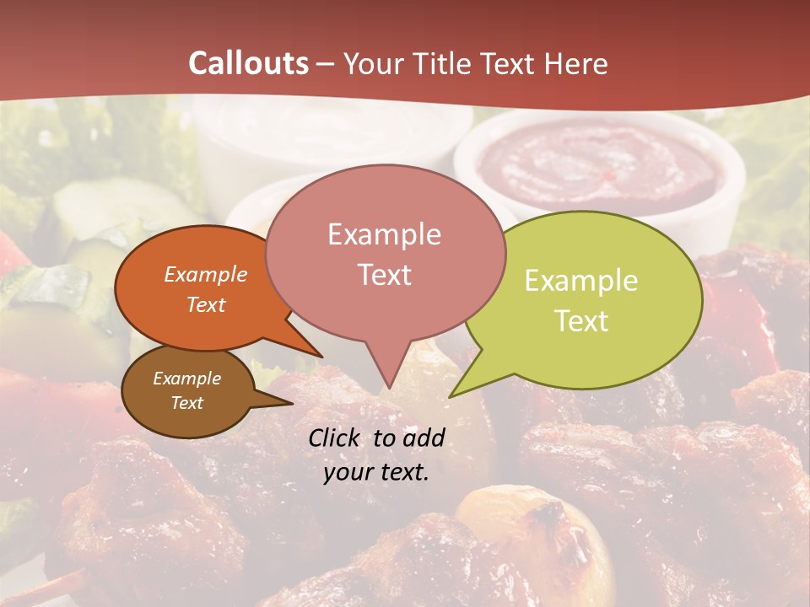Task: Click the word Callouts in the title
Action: [x=248, y=63]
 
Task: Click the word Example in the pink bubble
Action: [x=384, y=234]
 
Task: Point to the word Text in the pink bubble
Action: [x=384, y=275]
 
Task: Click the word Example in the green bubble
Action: [x=581, y=281]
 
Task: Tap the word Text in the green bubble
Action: [x=581, y=321]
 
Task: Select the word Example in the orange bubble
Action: [x=206, y=274]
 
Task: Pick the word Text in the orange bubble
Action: [x=206, y=304]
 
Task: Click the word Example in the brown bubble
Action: [x=186, y=379]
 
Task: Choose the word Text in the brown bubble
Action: [x=186, y=403]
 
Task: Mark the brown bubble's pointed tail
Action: [x=291, y=404]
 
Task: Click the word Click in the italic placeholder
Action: [x=334, y=438]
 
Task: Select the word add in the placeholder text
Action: [x=424, y=438]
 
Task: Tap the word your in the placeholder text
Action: [x=348, y=472]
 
